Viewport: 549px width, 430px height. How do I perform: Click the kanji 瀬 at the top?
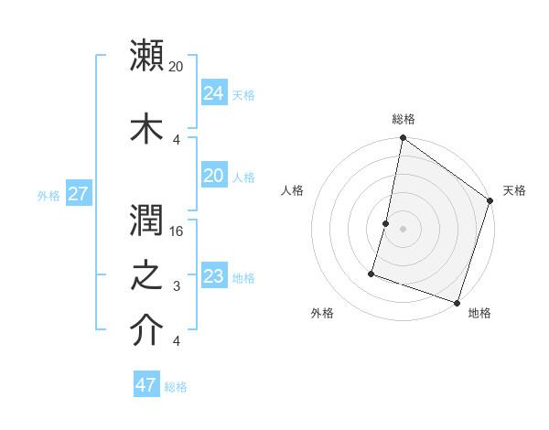(x=147, y=56)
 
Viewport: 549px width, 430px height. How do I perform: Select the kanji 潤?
(x=147, y=217)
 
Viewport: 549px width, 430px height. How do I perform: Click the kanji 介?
(x=147, y=331)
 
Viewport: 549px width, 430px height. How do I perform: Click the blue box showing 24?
(x=213, y=93)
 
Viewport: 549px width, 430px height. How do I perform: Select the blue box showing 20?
(x=213, y=176)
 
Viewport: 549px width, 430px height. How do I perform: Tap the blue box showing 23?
(x=213, y=276)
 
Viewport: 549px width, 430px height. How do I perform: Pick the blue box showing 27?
(x=78, y=194)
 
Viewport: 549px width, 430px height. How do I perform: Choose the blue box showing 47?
(x=146, y=385)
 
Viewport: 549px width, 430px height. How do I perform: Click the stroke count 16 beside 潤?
(x=178, y=231)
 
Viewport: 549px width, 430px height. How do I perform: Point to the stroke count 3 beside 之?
(x=178, y=287)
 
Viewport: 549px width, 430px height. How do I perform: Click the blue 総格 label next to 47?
(x=176, y=387)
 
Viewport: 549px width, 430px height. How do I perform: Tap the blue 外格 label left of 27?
(x=48, y=195)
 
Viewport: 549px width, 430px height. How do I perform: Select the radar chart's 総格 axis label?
(x=404, y=119)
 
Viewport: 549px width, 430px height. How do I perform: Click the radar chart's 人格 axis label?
(x=293, y=190)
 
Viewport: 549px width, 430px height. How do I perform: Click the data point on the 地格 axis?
(x=457, y=302)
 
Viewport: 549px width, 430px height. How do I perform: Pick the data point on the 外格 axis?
(x=371, y=274)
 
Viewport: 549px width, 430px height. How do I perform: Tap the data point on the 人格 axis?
(x=386, y=223)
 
